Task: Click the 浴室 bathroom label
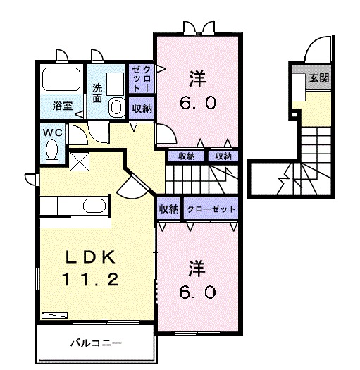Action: coord(58,106)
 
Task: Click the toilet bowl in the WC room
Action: coord(51,150)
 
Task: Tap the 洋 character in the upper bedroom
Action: coord(197,76)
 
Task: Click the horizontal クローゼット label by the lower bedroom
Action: coord(211,209)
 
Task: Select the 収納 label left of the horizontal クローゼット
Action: coord(168,209)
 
